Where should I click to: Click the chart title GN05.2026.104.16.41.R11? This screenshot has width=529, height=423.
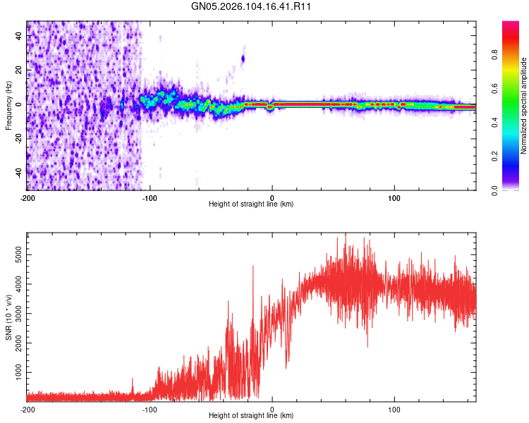(252, 6)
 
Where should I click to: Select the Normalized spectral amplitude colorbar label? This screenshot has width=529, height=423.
(523, 106)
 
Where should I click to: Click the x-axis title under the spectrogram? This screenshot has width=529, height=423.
(251, 204)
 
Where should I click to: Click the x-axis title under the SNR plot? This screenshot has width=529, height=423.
(251, 415)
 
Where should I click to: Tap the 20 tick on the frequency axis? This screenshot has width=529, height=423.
(19, 70)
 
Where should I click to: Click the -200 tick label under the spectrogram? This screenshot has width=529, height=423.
(27, 197)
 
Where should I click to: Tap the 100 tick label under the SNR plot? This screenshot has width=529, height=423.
(395, 408)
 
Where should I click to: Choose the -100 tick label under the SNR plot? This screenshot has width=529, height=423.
(149, 408)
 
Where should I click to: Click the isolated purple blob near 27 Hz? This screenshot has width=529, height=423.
(243, 59)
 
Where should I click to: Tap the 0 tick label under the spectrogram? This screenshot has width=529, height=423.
(272, 197)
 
